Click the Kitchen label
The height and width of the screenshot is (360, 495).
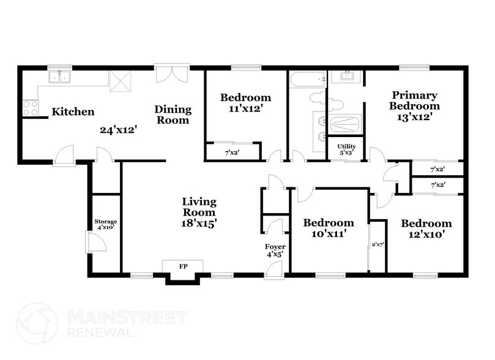(x=73, y=111)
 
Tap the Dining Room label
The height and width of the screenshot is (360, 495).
(x=173, y=114)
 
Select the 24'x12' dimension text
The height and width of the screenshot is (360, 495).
(x=118, y=130)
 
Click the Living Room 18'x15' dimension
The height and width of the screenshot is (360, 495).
(x=199, y=223)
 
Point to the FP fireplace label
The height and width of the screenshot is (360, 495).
(x=182, y=266)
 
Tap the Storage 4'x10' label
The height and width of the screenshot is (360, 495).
(x=105, y=224)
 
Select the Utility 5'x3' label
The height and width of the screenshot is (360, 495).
(x=346, y=149)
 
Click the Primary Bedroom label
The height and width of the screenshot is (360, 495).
(x=414, y=100)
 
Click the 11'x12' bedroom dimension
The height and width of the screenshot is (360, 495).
(x=245, y=108)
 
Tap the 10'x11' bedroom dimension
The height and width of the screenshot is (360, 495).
(x=329, y=234)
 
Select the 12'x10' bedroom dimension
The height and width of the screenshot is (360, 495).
(x=426, y=234)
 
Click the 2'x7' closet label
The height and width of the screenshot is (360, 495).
(x=378, y=244)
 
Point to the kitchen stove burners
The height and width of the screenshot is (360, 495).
(x=30, y=108)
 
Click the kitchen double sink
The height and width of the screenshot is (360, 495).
(x=61, y=77)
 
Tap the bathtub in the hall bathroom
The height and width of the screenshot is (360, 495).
(x=307, y=79)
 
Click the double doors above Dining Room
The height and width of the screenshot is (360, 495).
(x=169, y=74)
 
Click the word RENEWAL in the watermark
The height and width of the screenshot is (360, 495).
(x=101, y=332)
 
